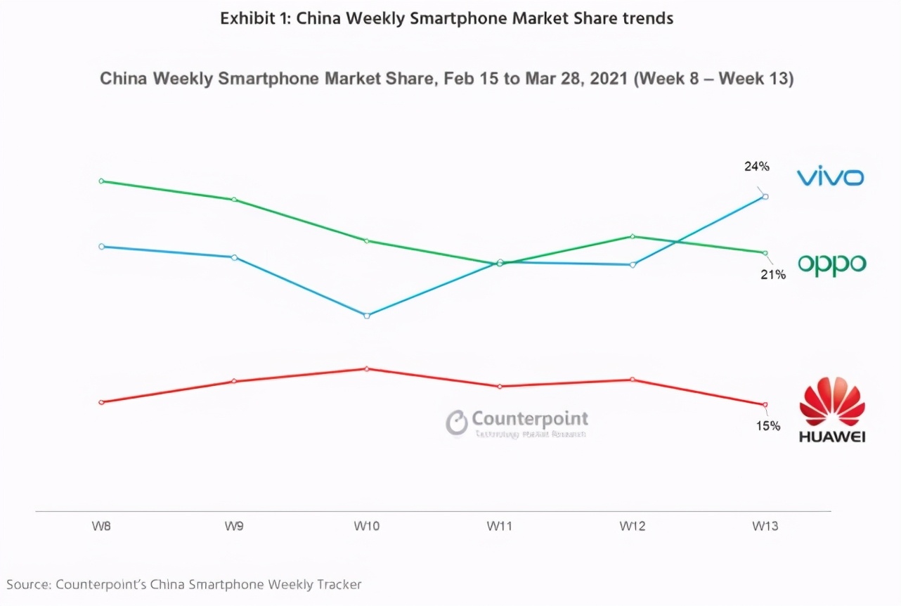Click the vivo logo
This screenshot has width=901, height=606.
coord(830,177)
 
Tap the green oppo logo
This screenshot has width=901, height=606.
coord(831,264)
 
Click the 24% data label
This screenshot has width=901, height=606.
coord(757,167)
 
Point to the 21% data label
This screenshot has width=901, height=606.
coord(772,275)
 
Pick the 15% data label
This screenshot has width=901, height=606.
coord(767,425)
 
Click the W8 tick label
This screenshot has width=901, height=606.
coord(101,526)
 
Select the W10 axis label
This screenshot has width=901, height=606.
coord(366,526)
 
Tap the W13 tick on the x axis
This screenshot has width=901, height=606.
coord(765,526)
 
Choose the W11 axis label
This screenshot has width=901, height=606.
coord(499,526)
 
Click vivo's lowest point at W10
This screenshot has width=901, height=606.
coord(367,316)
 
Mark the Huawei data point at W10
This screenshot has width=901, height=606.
coord(367,368)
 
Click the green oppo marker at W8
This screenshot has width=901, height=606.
coord(101,181)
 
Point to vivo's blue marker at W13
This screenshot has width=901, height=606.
coord(765,196)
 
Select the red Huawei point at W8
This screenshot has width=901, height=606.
coord(101,402)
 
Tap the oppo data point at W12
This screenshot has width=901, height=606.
coord(633,236)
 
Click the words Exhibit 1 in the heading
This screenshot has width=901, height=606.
coord(254,18)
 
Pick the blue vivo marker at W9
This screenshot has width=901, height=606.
coord(234,257)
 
